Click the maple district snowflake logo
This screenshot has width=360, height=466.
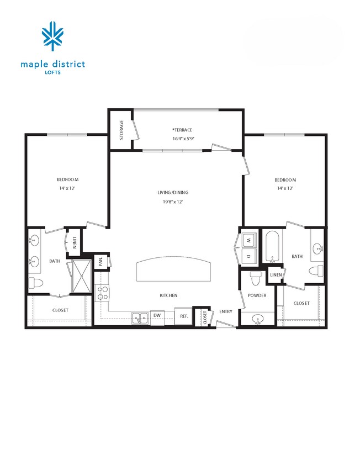coord(53,36)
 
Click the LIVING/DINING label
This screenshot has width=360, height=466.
coord(173,193)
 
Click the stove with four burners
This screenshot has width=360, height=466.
coord(102,293)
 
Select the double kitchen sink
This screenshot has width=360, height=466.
coord(140,317)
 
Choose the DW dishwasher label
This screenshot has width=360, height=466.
coord(157,316)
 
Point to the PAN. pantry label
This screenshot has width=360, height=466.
coord(101,261)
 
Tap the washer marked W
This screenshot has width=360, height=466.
coord(248,241)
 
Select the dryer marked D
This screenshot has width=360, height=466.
coord(248,257)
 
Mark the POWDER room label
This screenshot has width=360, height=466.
coord(257,296)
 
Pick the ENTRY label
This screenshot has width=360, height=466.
coord(225,312)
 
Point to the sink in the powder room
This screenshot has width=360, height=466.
coord(257,319)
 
